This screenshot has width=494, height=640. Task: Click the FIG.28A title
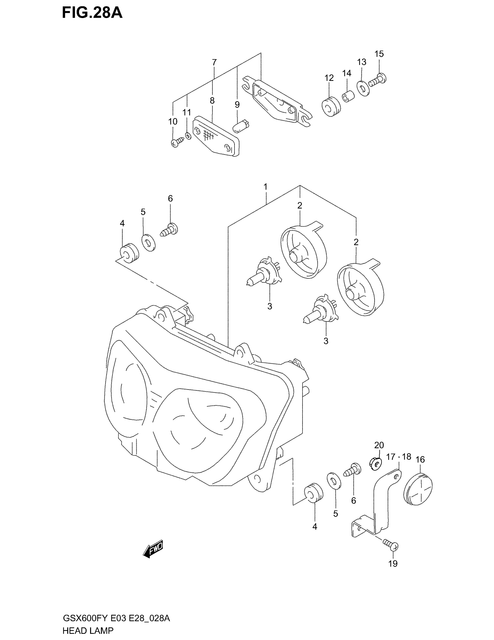tap(92, 13)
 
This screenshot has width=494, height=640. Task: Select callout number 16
tap(420, 459)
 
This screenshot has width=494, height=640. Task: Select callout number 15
tap(379, 54)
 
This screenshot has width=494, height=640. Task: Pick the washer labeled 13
tap(363, 88)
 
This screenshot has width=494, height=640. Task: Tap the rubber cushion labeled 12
tap(331, 107)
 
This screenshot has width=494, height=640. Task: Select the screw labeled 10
tap(177, 142)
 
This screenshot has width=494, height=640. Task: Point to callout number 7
tap(214, 62)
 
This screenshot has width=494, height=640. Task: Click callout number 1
tap(265, 186)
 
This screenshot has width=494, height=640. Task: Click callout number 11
tap(187, 112)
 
